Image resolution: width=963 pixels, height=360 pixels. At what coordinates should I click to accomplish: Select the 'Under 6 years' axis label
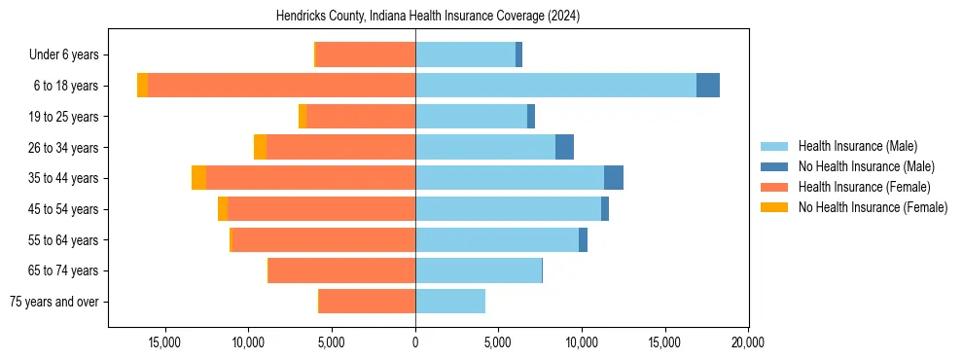tap(70, 54)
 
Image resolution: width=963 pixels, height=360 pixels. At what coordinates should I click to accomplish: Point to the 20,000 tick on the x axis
tap(747, 342)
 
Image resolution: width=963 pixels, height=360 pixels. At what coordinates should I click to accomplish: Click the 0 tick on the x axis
tap(415, 342)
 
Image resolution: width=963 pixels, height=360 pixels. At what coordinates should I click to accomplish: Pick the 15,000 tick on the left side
tap(166, 342)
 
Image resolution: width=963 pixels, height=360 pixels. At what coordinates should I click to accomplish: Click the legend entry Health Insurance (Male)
tap(857, 146)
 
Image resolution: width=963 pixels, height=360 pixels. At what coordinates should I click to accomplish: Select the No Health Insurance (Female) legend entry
tap(873, 207)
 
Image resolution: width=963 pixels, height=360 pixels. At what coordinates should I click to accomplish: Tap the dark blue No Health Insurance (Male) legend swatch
tap(775, 166)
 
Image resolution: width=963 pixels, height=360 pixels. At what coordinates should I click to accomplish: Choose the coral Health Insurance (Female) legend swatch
tap(775, 187)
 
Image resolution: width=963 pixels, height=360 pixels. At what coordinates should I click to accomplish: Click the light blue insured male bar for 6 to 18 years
tap(555, 86)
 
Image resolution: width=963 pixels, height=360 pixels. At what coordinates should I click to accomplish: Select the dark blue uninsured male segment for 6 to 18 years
tap(708, 86)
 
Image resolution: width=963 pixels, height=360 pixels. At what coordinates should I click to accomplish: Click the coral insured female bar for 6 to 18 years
tap(281, 86)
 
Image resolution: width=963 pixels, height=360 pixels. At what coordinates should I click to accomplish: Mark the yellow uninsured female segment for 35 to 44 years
tap(198, 178)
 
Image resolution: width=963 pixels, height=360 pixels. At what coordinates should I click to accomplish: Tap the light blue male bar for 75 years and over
tap(450, 302)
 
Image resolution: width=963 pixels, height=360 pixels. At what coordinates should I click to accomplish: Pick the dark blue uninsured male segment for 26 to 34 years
tap(564, 147)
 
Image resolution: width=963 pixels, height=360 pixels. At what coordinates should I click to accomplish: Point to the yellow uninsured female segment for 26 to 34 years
tap(260, 147)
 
